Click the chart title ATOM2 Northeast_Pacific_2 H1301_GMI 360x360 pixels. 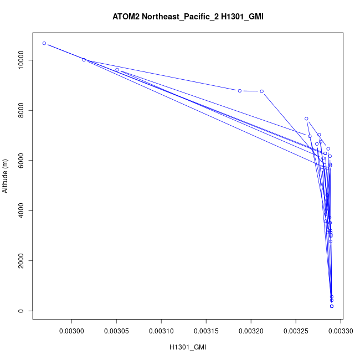pyautogui.click(x=188, y=17)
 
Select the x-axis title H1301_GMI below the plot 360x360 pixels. pyautogui.click(x=188, y=347)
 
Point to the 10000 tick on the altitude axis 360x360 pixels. pyautogui.click(x=21, y=60)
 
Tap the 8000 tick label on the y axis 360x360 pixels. pyautogui.click(x=21, y=110)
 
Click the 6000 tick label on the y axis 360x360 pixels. pyautogui.click(x=21, y=161)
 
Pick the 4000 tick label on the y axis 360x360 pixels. pyautogui.click(x=21, y=210)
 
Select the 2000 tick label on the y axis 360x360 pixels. pyautogui.click(x=21, y=261)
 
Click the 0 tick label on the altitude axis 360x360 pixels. pyautogui.click(x=21, y=311)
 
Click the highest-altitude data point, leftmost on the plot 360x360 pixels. pyautogui.click(x=44, y=43)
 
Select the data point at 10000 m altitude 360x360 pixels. pyautogui.click(x=84, y=60)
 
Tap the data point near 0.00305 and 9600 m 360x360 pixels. pyautogui.click(x=117, y=70)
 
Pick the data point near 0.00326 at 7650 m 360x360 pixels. pyautogui.click(x=306, y=119)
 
